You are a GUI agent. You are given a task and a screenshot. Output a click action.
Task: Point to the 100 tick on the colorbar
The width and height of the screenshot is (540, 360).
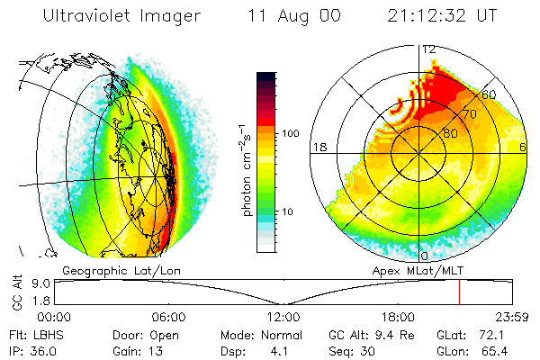[x=290, y=133]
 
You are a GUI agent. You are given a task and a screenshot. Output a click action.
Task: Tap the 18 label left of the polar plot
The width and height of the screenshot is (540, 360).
[x=318, y=148]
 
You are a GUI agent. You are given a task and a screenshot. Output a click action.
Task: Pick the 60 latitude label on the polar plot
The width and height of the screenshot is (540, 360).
[x=490, y=94]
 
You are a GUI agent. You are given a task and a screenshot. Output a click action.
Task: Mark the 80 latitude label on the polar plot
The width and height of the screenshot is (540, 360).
[x=449, y=133]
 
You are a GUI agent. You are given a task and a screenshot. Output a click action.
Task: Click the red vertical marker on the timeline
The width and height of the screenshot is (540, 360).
[x=459, y=292]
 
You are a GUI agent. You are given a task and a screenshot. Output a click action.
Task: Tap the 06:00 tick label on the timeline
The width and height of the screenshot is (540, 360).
[x=169, y=317]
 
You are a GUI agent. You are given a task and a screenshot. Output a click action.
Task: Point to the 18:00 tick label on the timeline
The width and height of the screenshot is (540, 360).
[x=397, y=317]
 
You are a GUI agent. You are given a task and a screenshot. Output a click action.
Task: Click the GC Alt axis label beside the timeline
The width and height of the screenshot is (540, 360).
[x=17, y=292]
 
